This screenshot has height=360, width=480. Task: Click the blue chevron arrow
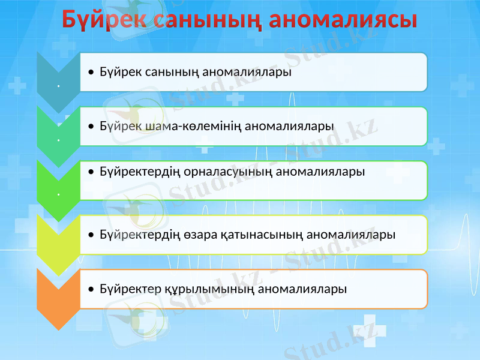[x=58, y=81]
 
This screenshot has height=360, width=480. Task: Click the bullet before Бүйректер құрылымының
[x=90, y=289]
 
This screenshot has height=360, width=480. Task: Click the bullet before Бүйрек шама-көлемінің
[x=90, y=127]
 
